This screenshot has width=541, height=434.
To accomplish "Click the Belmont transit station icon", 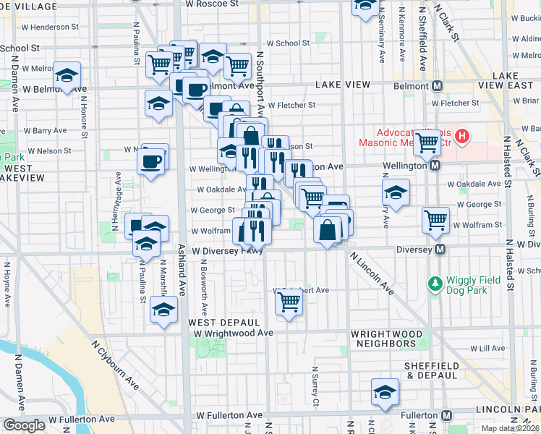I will [x=437, y=86].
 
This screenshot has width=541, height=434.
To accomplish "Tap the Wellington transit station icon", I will [x=435, y=166].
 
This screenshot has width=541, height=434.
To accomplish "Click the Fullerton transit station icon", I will [x=447, y=416].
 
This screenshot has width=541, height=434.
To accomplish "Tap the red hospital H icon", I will [x=461, y=135].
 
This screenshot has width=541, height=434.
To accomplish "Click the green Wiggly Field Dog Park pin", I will [x=435, y=282].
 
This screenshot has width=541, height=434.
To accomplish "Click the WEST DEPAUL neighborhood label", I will [x=223, y=321].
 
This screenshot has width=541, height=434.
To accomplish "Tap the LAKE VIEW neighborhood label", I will [x=343, y=85].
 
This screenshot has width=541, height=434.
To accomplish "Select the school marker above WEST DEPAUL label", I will [x=163, y=310].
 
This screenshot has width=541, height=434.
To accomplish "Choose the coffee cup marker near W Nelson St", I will [x=151, y=161].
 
